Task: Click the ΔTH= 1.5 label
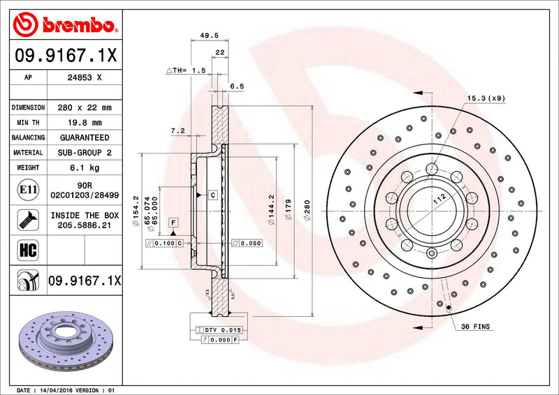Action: point(185,70)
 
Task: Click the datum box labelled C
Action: point(212,195)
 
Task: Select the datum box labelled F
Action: point(172,222)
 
